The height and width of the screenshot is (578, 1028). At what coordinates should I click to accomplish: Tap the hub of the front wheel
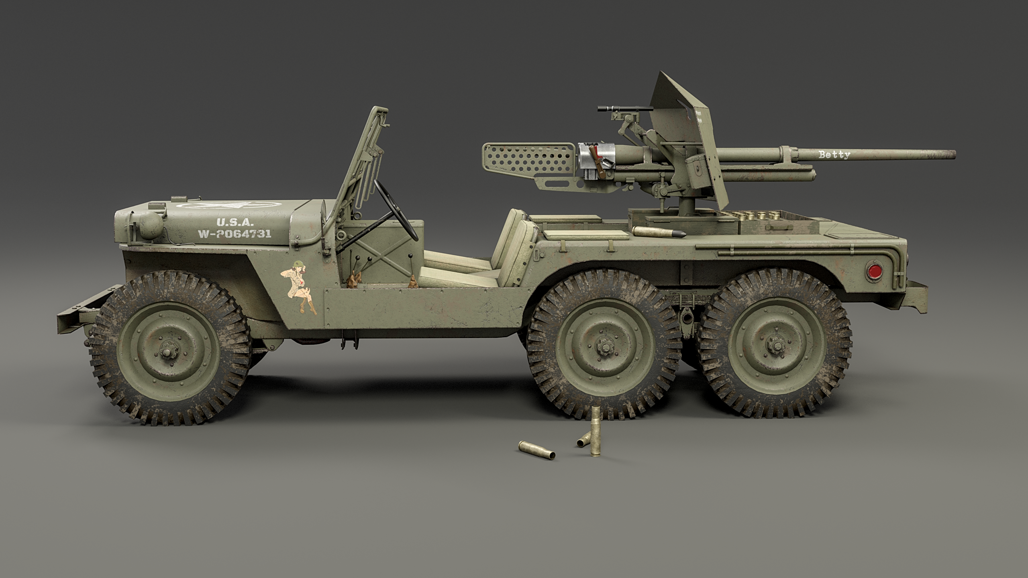(165, 353)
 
